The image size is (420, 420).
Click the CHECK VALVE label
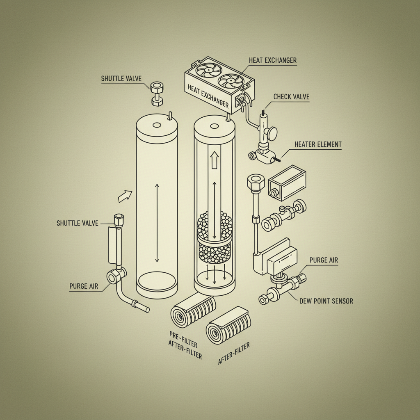[x=291, y=97]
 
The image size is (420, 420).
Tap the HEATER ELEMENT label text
[x=318, y=144]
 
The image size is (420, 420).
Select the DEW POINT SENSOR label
[x=326, y=301]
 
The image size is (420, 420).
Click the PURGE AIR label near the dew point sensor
[x=324, y=260]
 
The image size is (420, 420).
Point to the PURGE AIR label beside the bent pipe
[x=84, y=286]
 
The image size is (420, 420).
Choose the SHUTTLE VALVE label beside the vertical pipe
[x=78, y=223]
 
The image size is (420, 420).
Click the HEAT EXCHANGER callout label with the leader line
[x=272, y=60]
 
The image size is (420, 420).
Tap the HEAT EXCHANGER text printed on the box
[x=208, y=96]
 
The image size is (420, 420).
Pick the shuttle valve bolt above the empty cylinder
[x=157, y=93]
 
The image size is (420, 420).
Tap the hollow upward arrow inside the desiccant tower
[x=214, y=160]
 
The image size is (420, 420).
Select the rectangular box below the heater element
[x=287, y=183]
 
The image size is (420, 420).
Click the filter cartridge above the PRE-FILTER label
[x=193, y=310]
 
